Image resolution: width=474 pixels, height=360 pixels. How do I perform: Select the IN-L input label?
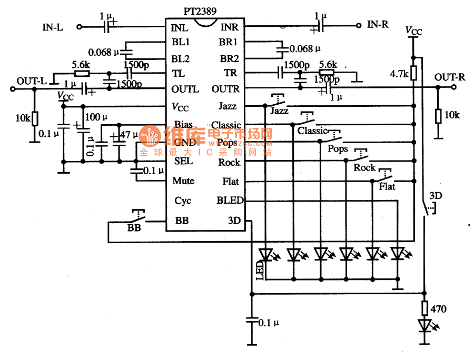53,27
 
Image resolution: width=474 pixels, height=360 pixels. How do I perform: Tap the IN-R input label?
378,24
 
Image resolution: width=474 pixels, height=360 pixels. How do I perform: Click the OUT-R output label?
450,77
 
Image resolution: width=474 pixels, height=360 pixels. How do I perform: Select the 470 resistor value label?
438,309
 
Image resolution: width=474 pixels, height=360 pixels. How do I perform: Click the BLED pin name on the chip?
230,200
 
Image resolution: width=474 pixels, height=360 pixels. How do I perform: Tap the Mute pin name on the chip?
183,181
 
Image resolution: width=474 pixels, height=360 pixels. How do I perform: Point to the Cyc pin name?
182,201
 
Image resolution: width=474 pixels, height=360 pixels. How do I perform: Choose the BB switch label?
134,228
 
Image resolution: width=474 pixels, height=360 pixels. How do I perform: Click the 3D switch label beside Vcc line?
436,196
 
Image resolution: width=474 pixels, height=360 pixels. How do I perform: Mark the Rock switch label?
364,167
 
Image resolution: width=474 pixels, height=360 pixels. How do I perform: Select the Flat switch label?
387,186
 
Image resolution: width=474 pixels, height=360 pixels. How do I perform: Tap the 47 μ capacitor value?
129,135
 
